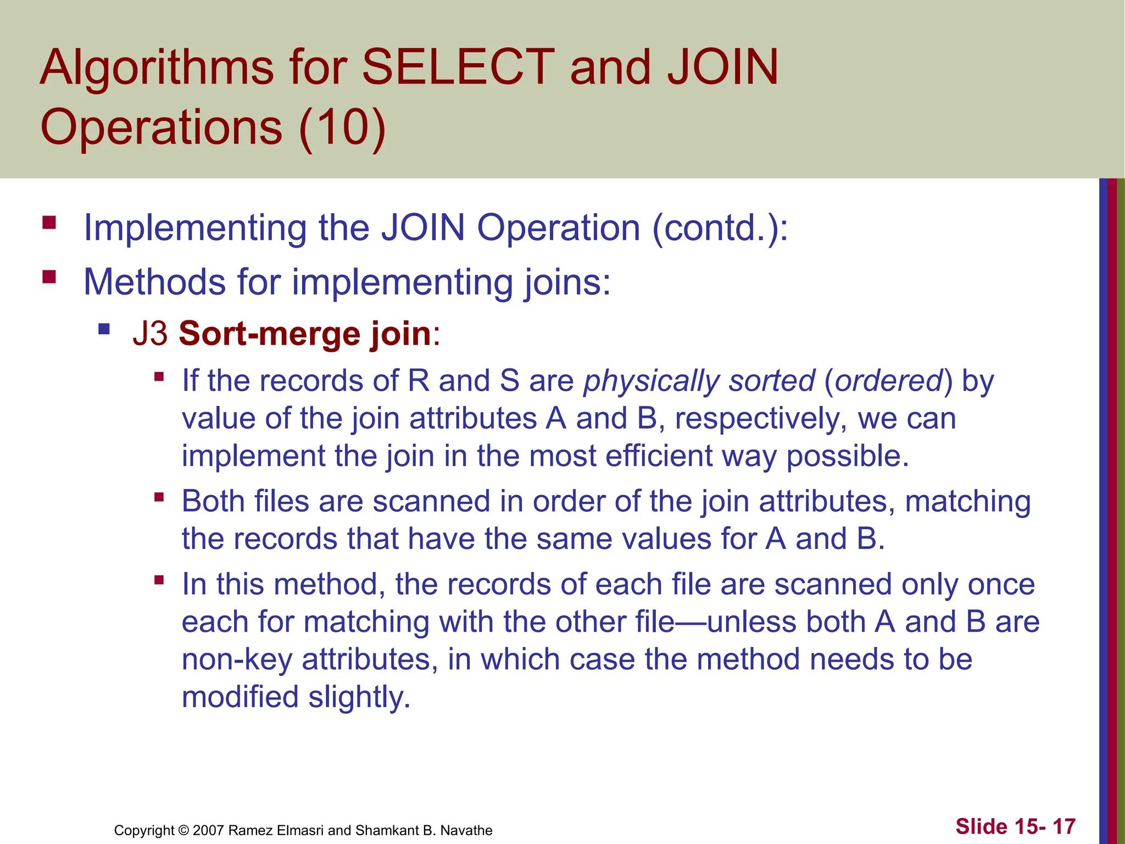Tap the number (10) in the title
pos(342,127)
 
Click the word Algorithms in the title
pos(157,69)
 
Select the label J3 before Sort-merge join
pos(150,334)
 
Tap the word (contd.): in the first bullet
pos(720,227)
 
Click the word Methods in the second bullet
pos(154,282)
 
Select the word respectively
pos(761,419)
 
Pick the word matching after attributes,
pos(967,502)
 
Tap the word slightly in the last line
pos(359,697)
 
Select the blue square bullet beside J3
pos(104,329)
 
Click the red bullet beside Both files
pos(159,497)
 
